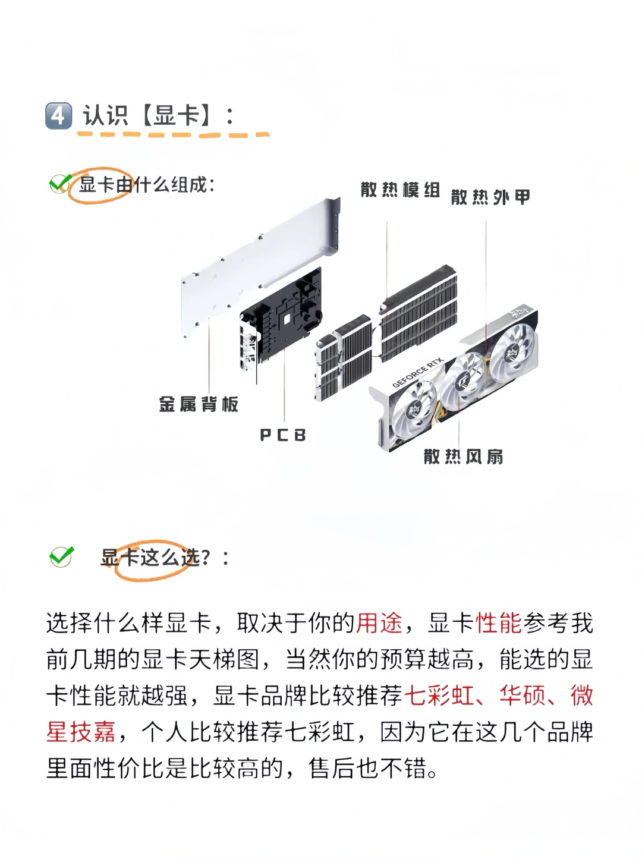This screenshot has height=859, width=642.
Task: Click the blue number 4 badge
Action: (58, 115)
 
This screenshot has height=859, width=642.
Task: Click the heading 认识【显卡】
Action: (158, 115)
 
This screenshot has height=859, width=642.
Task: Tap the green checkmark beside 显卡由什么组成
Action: (59, 184)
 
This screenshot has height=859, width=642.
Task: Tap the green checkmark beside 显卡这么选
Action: (61, 556)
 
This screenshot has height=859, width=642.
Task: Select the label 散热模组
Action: (400, 190)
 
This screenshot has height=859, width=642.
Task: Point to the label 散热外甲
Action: (490, 197)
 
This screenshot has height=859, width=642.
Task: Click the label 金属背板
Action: (199, 404)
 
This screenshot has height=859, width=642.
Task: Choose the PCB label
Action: (283, 435)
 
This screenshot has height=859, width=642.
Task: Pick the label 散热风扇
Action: (463, 457)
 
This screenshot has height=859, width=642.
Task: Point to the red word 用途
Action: (379, 624)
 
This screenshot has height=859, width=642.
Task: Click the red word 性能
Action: (498, 624)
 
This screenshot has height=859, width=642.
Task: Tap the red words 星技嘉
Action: (81, 732)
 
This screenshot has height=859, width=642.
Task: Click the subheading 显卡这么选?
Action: (156, 558)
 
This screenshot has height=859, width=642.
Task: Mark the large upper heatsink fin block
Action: (418, 312)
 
